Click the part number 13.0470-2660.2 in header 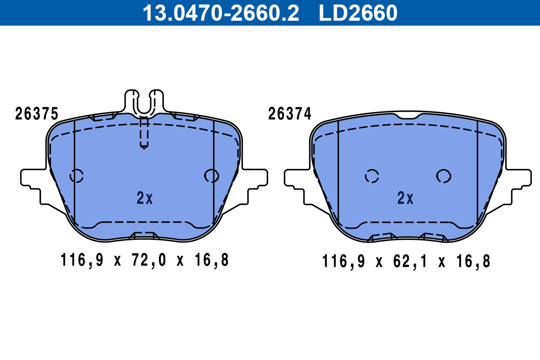point(220,13)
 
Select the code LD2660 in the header point(358,13)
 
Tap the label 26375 point(36,114)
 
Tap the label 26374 point(289,114)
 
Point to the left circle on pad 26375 point(76,176)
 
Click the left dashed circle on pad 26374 point(372,176)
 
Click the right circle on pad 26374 point(444,176)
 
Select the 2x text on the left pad point(144,198)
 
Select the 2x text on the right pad point(405,198)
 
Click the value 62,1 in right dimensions point(410,261)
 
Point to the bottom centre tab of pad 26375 point(144,235)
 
